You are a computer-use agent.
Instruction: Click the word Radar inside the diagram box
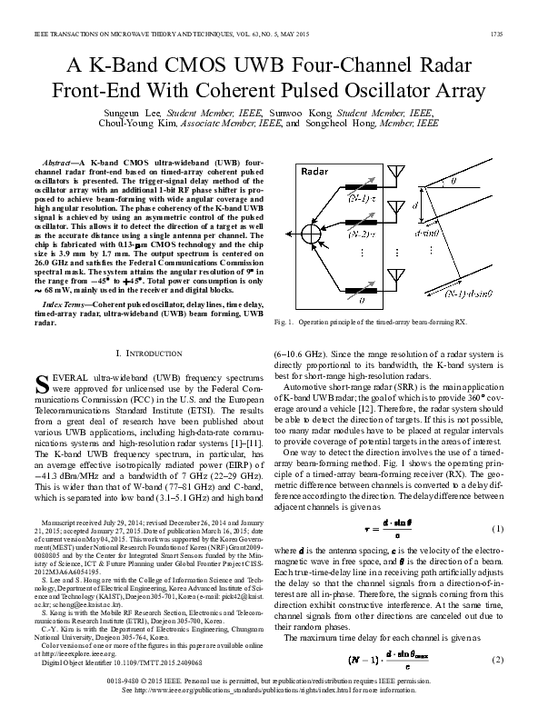[x=315, y=171]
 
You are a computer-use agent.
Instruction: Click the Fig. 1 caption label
[x=287, y=322]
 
